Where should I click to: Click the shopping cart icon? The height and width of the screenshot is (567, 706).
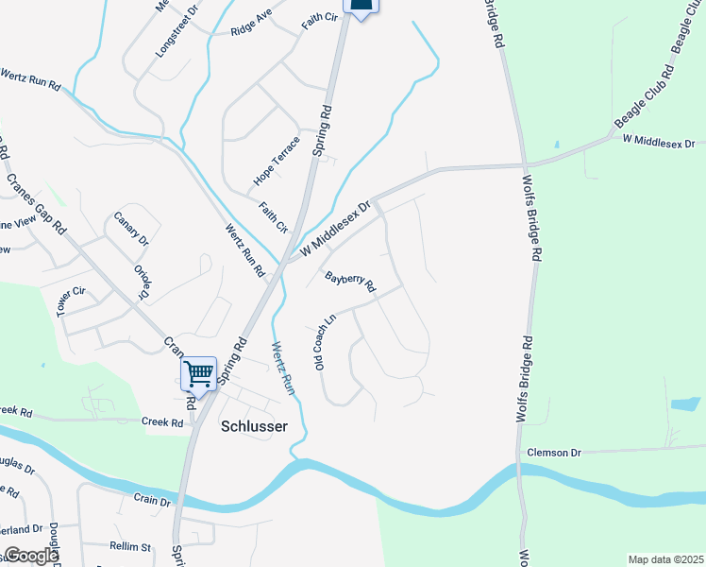[x=198, y=373]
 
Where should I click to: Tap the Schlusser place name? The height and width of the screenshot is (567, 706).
[x=253, y=425]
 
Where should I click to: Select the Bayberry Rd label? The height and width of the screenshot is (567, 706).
[x=350, y=283]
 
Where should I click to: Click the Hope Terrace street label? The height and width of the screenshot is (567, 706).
[x=277, y=161]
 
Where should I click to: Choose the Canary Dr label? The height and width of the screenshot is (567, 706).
[x=131, y=229]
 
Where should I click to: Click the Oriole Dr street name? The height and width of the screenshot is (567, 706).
[x=143, y=282]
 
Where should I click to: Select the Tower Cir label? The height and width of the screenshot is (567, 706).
[x=71, y=301]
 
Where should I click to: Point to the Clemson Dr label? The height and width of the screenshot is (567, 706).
[x=554, y=453]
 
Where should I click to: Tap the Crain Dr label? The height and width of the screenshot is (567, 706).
[x=151, y=500]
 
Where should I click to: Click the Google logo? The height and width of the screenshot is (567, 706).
[x=30, y=556]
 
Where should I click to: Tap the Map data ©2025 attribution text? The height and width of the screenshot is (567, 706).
[x=665, y=559]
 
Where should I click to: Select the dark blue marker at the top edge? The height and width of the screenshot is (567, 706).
[x=361, y=6]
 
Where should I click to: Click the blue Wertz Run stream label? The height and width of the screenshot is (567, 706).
[x=284, y=369]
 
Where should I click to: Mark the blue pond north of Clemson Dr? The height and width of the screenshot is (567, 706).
[x=684, y=405]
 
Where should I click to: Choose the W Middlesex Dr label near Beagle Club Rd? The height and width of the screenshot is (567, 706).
[x=658, y=142]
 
